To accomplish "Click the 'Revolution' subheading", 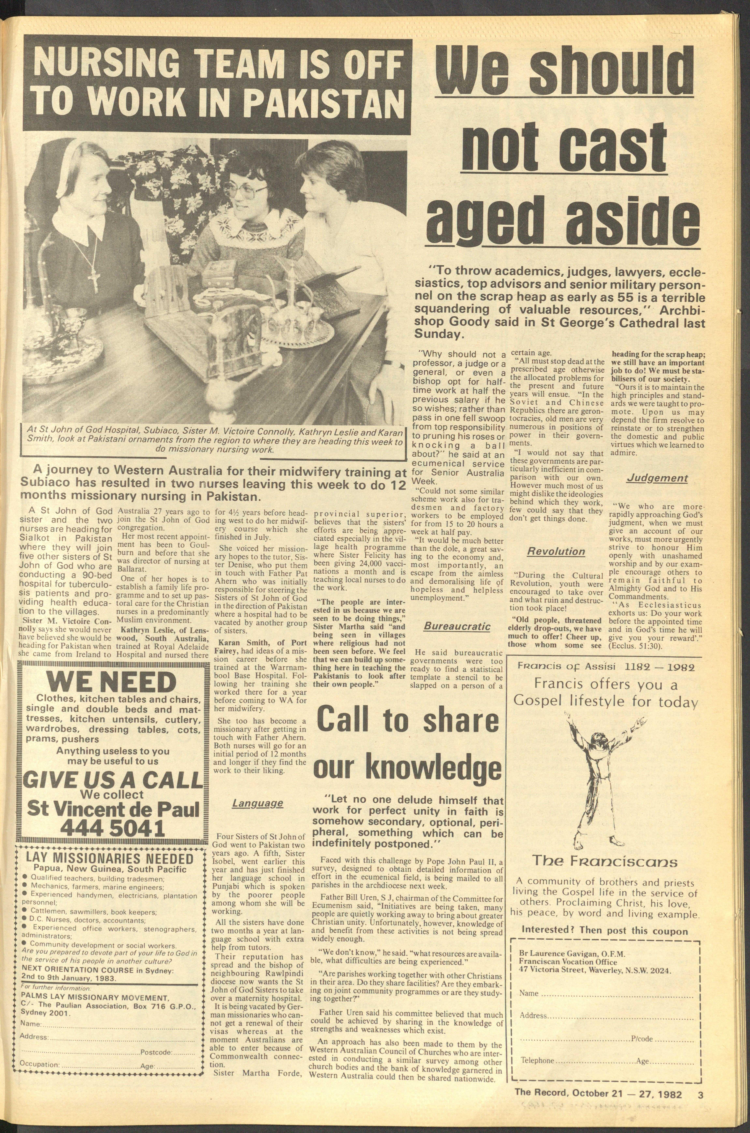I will point(556,551).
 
